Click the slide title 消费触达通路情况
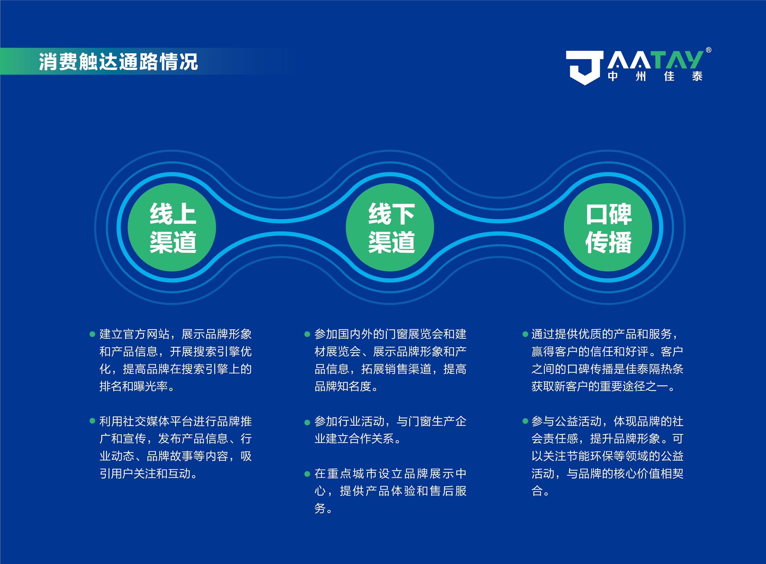point(118,62)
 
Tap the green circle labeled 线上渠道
point(172,227)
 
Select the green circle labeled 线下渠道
point(390,227)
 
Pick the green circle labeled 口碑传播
point(608,227)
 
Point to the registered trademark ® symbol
point(709,50)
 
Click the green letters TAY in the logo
point(678,60)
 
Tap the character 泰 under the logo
point(697,76)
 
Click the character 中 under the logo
point(613,76)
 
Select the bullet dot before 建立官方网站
point(92,334)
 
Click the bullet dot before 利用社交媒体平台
point(92,421)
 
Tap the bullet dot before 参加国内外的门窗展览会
point(307,334)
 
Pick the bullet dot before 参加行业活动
point(307,423)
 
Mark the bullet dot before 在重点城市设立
point(307,474)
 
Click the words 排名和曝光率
point(134,386)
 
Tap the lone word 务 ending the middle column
point(320,508)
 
